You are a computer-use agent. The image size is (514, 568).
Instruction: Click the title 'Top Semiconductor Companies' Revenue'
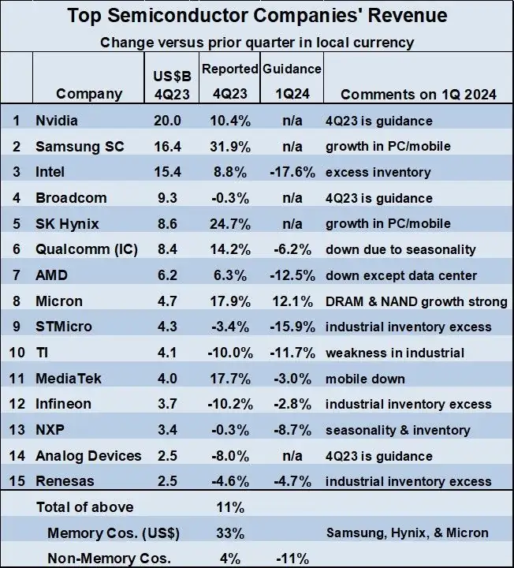pos(256,16)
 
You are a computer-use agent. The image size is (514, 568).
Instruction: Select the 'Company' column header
pos(89,94)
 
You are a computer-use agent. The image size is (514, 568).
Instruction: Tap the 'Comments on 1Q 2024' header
pos(418,94)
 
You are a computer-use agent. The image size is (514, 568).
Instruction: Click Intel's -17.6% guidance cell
pos(292,172)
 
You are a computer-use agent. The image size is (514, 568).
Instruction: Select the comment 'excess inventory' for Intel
pos(377,172)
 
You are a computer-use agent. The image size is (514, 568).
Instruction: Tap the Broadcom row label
pos(71,198)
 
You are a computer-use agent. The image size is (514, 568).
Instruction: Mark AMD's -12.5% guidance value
pos(292,275)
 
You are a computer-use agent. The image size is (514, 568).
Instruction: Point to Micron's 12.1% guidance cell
pos(293,301)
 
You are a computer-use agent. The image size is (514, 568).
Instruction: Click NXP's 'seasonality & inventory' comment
pos(398,430)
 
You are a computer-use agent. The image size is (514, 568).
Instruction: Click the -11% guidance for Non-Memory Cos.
pos(292,559)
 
